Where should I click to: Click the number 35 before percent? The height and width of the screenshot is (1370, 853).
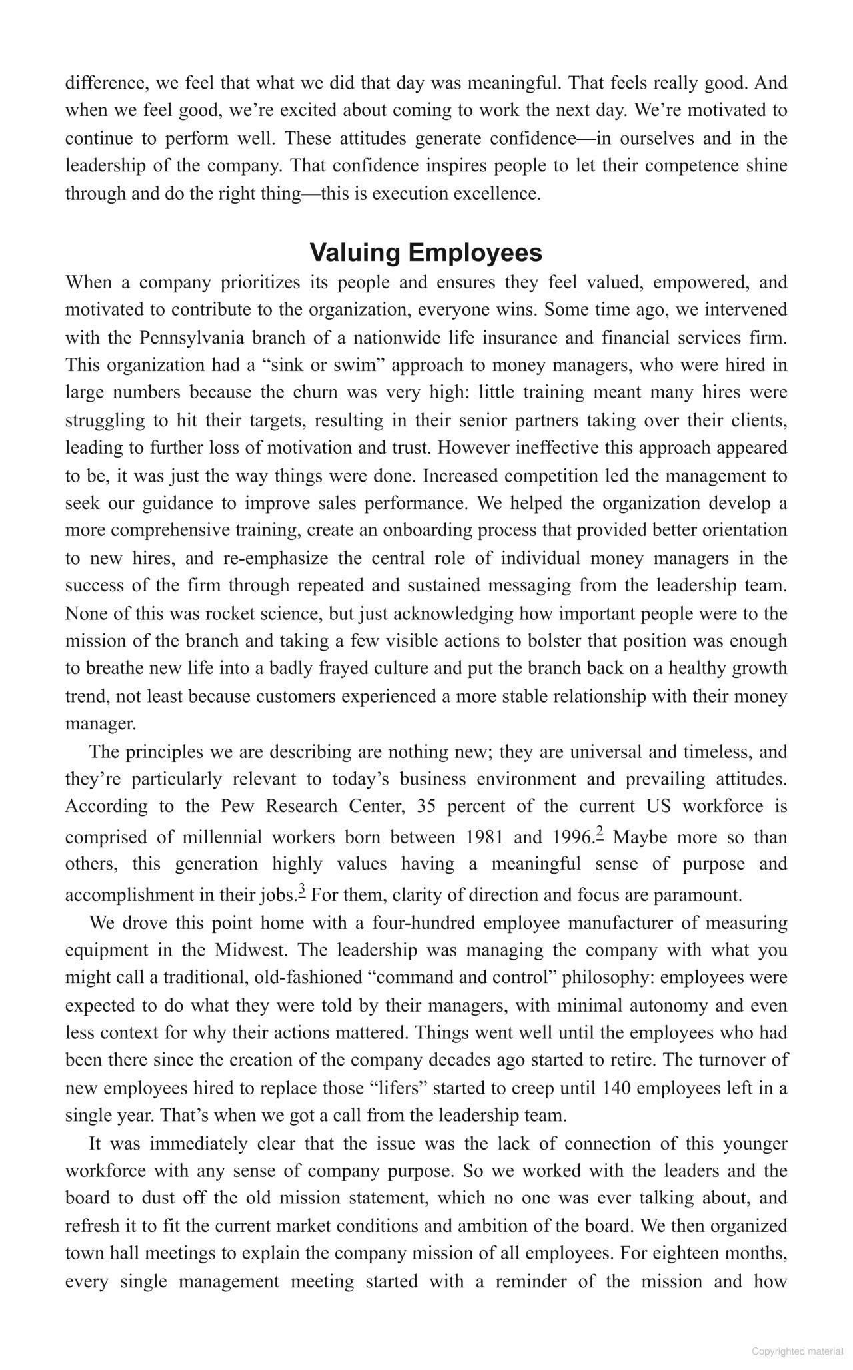tap(427, 807)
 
